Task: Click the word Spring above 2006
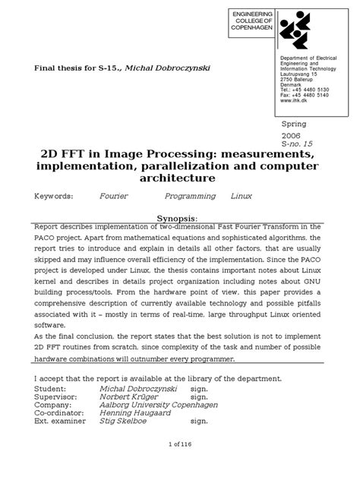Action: click(x=295, y=123)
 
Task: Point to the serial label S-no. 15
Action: click(x=298, y=143)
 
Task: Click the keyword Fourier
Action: click(x=114, y=196)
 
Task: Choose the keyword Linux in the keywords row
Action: click(x=242, y=196)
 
